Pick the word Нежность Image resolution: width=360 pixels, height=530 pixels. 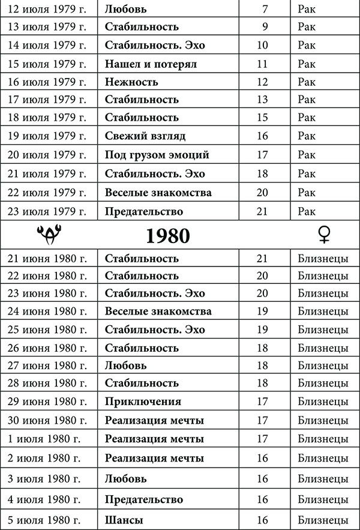pyautogui.click(x=131, y=82)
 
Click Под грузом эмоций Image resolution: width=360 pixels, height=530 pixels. pyautogui.click(x=157, y=155)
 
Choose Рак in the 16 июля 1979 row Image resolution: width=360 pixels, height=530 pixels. pyautogui.click(x=306, y=82)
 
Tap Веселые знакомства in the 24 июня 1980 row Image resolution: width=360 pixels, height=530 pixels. pyautogui.click(x=158, y=312)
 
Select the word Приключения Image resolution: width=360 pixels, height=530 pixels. pyautogui.click(x=143, y=401)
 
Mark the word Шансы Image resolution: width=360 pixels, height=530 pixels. pyautogui.click(x=124, y=520)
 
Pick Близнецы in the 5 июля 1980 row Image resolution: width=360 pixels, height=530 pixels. pyautogui.click(x=323, y=520)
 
